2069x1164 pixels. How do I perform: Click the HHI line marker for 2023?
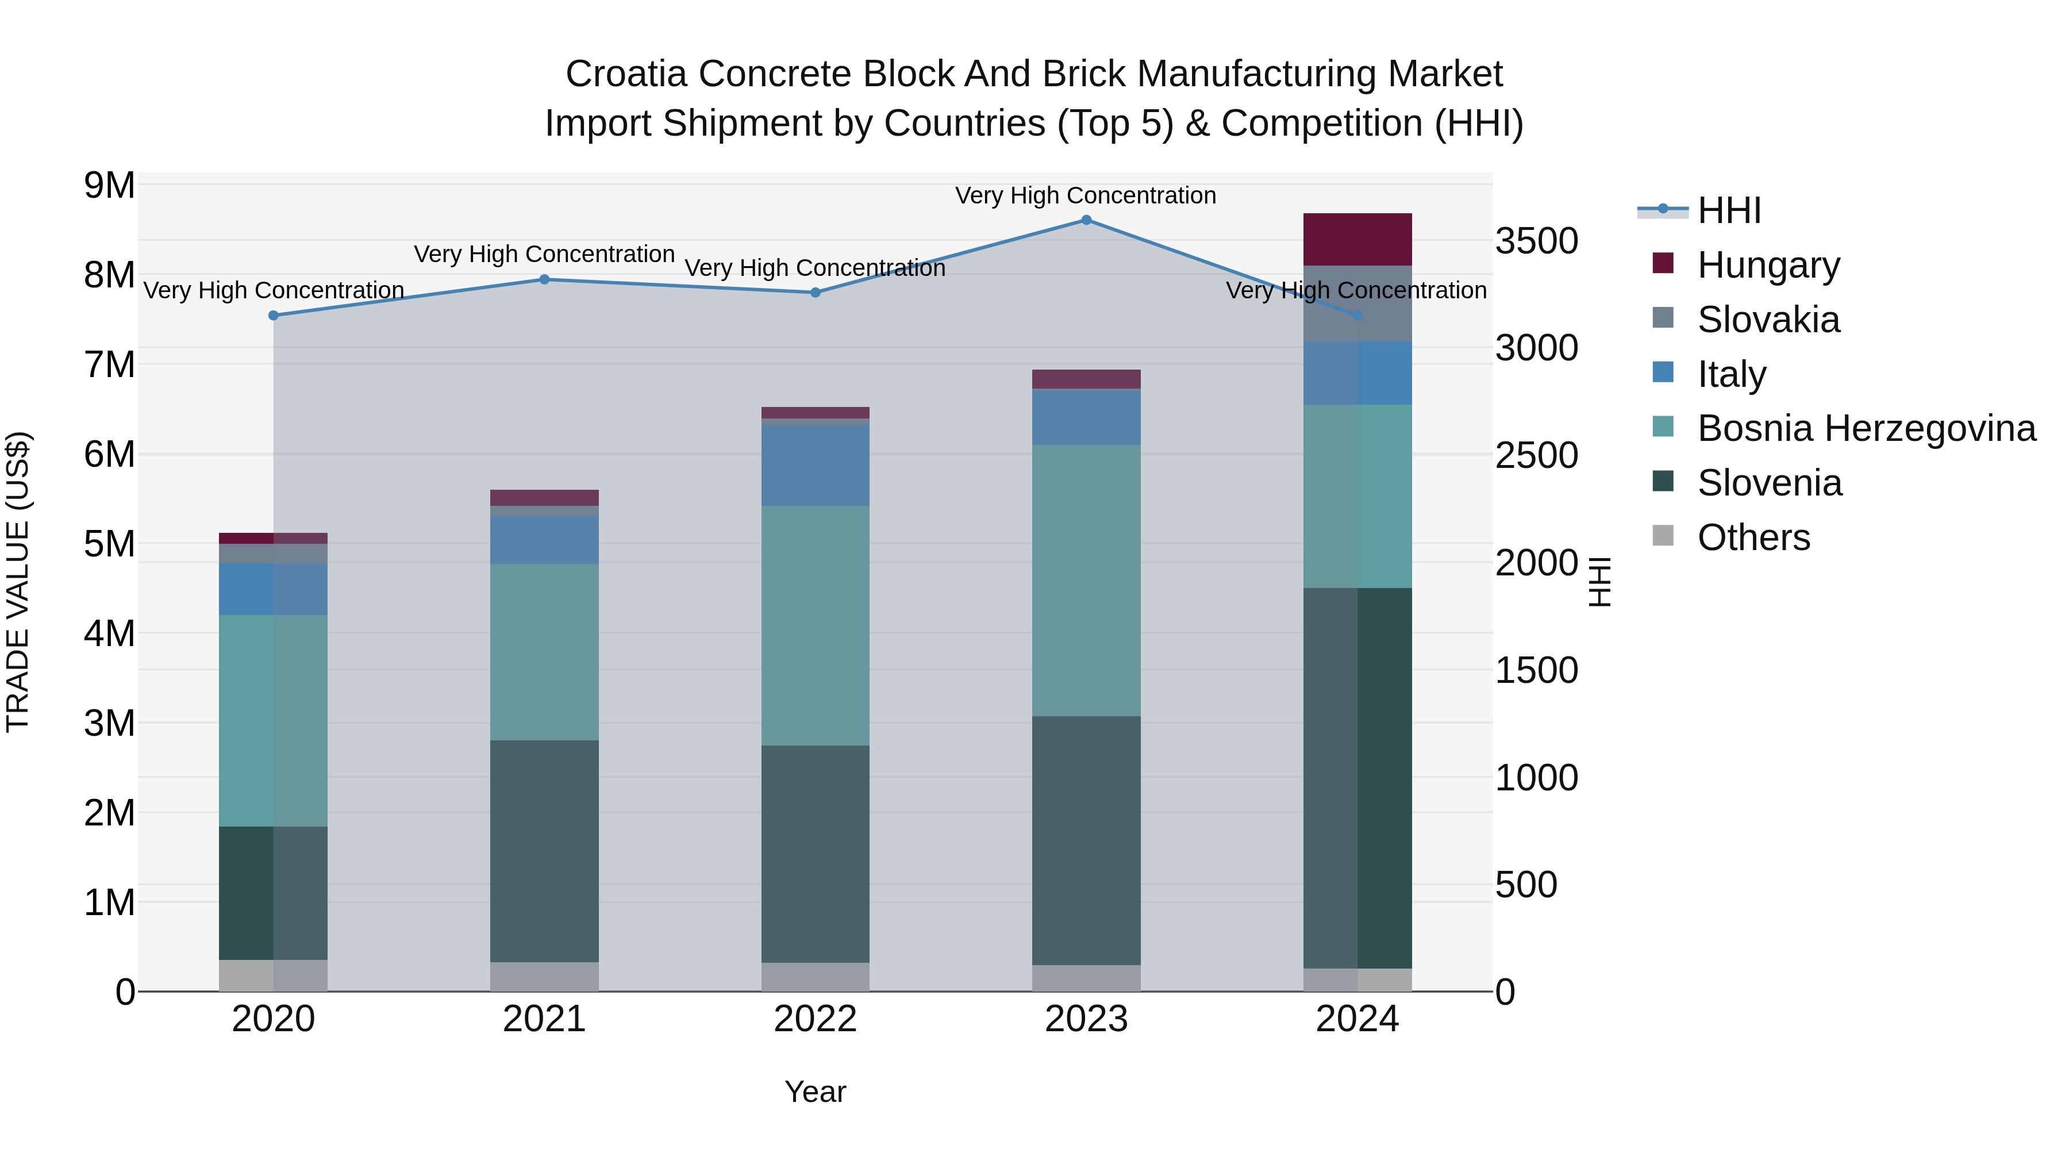click(1086, 220)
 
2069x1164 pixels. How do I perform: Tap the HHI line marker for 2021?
click(544, 279)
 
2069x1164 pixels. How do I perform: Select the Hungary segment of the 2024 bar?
click(1357, 239)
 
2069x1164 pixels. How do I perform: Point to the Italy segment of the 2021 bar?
click(544, 540)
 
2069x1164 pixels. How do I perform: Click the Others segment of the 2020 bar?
click(273, 975)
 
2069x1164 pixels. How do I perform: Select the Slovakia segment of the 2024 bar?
click(1357, 303)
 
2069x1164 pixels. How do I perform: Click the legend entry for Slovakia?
click(1767, 320)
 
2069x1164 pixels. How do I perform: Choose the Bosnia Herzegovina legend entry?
click(1865, 428)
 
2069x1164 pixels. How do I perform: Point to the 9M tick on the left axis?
click(109, 186)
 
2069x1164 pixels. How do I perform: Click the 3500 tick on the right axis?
click(1536, 241)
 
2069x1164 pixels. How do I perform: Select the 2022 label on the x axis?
click(815, 1019)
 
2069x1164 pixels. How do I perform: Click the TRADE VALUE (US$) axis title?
click(18, 582)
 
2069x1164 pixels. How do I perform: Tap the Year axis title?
click(815, 1092)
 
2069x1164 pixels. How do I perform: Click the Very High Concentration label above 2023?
click(1085, 195)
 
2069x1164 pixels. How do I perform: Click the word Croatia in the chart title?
click(626, 74)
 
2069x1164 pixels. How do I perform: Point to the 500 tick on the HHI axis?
click(1526, 885)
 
